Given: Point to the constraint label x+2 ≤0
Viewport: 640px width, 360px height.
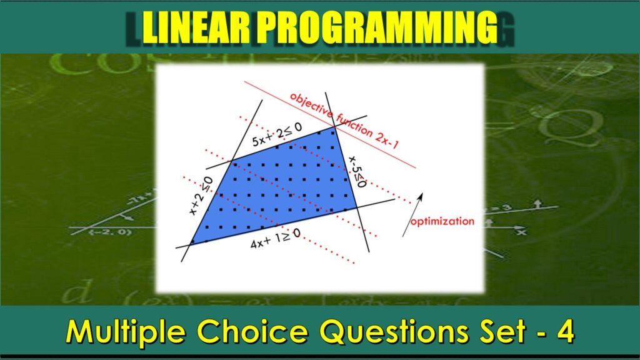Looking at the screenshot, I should (x=201, y=196).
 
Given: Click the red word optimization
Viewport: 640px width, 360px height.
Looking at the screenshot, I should (x=442, y=221).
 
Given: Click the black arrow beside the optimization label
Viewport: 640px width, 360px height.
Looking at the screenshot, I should (x=412, y=214).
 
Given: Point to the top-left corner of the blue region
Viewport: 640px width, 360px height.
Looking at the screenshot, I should (x=232, y=162).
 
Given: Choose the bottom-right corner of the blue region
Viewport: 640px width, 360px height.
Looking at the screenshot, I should (x=356, y=207).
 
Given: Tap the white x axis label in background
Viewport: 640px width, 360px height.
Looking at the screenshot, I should (x=521, y=232).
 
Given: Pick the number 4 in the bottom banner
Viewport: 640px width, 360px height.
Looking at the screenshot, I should (x=566, y=331).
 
